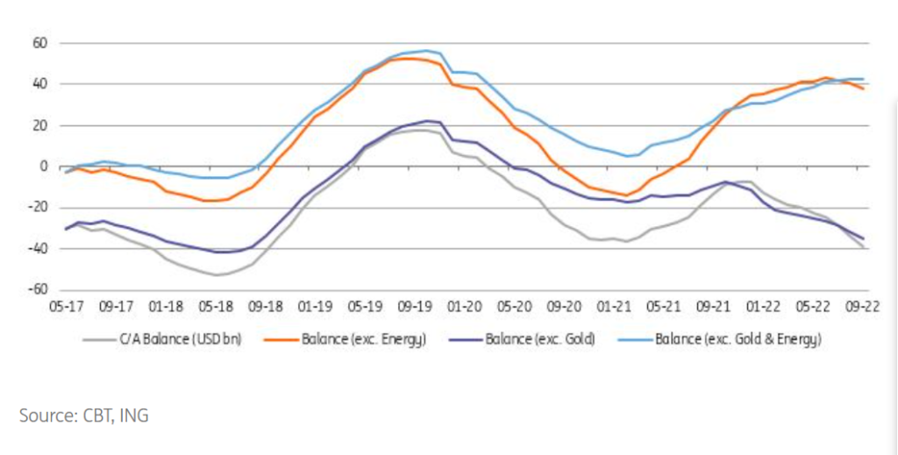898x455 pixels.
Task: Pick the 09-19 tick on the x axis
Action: click(x=417, y=307)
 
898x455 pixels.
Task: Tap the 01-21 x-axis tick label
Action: click(x=614, y=307)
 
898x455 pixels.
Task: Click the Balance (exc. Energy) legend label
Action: click(x=364, y=339)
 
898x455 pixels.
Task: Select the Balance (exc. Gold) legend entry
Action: click(x=540, y=339)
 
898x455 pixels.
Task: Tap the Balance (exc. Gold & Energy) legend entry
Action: click(x=738, y=339)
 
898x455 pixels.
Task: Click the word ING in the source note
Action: click(x=135, y=416)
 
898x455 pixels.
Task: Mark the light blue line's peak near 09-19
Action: click(x=427, y=51)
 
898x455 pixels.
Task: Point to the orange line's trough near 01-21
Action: click(x=626, y=195)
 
